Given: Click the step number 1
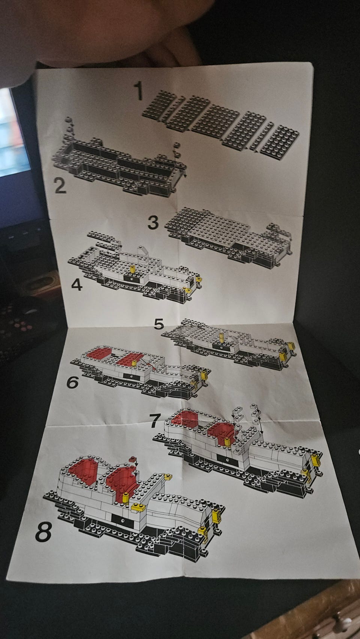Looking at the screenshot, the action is [139, 90].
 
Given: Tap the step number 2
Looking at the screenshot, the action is [60, 186].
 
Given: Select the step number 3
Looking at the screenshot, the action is [153, 222].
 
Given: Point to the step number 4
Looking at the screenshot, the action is [77, 284].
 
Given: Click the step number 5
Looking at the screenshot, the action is [159, 324].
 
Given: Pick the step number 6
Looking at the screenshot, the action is [72, 382].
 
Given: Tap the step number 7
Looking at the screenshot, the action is [155, 421].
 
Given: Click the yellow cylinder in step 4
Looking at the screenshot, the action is [132, 269].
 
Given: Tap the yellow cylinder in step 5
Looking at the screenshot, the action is [222, 338].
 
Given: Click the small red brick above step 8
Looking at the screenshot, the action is [132, 459].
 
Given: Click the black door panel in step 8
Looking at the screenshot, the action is [123, 520].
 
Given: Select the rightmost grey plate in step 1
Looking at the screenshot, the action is [280, 142].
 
